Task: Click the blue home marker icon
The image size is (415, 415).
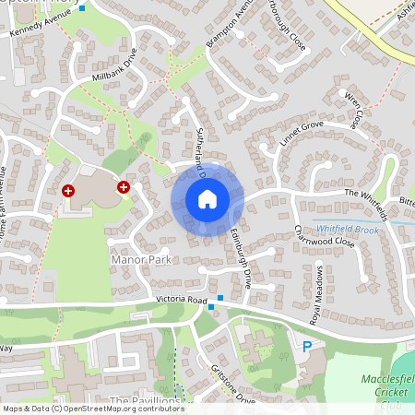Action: [207, 198]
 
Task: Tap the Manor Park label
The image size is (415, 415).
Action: [140, 261]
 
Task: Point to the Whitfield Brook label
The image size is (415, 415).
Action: [347, 228]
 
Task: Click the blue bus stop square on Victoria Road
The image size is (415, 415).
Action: [211, 306]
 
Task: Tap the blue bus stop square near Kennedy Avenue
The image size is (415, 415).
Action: [82, 8]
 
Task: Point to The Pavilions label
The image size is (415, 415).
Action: [144, 401]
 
